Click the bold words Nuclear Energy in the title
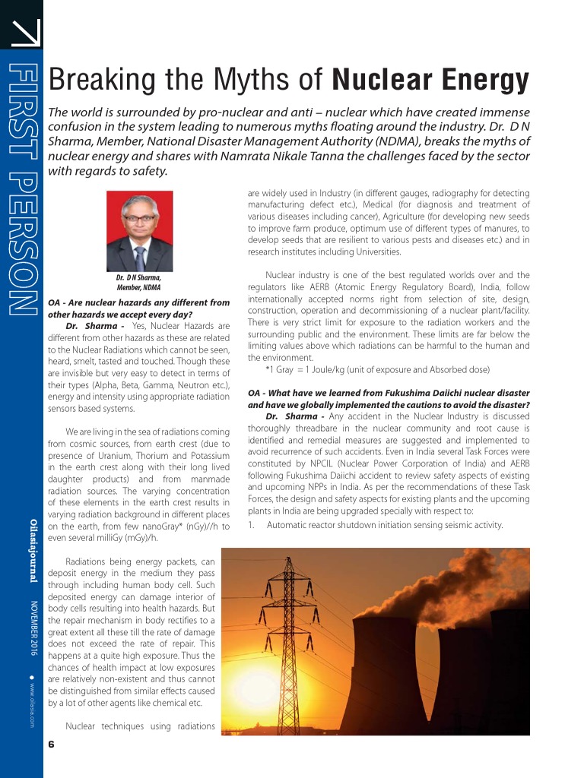tap(430, 79)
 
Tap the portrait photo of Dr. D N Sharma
tap(139, 231)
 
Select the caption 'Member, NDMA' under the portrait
tap(138, 288)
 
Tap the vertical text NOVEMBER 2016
tap(33, 628)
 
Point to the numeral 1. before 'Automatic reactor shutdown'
tap(252, 524)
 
